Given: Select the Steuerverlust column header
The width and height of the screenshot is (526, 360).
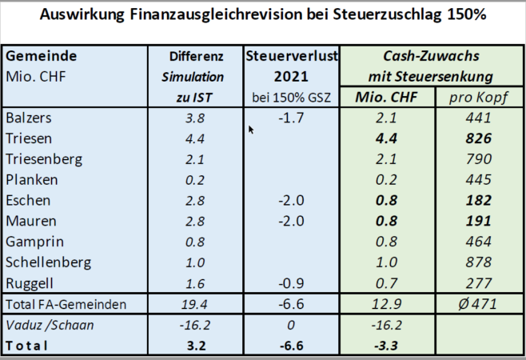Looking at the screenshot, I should point(292,56).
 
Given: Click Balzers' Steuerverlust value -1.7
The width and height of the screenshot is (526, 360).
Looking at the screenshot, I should point(292,118).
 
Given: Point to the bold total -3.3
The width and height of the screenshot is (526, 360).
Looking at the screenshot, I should point(386,346).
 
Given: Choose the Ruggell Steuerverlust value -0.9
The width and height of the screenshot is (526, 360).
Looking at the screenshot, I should point(292,282).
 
